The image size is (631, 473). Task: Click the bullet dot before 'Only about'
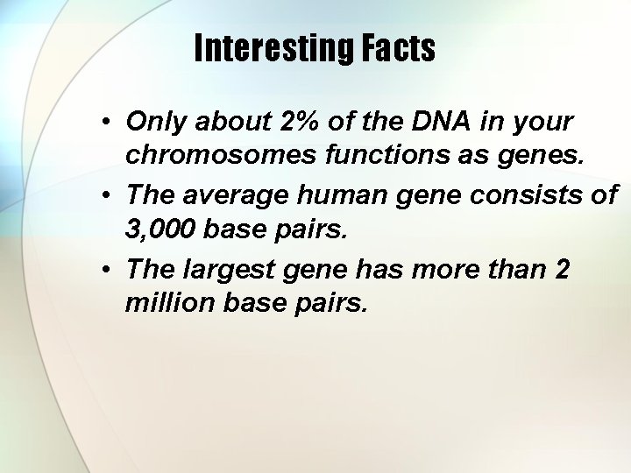click(104, 121)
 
